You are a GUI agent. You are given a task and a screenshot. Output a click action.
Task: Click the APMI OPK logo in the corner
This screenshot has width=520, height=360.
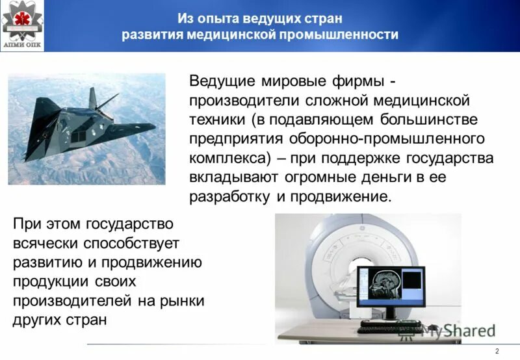click(22, 24)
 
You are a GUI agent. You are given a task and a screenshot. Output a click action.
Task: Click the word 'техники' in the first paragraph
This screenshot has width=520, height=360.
click(216, 120)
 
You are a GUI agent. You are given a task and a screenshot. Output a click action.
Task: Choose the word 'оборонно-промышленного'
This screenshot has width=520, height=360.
click(403, 139)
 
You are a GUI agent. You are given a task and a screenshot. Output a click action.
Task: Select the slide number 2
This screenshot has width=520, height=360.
click(497, 352)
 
